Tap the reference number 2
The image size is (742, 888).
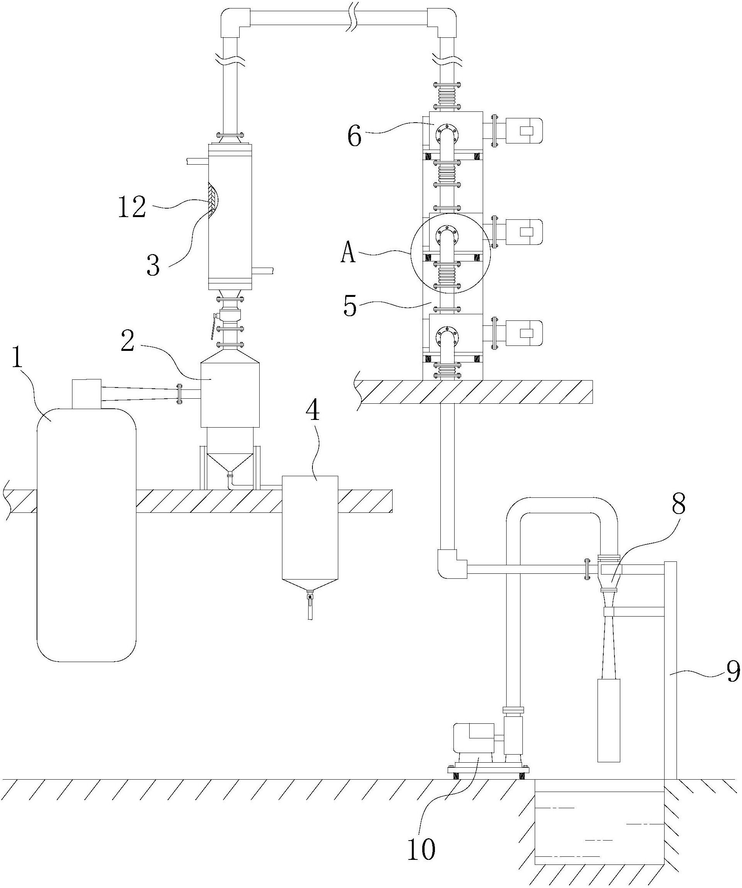click(x=127, y=341)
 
